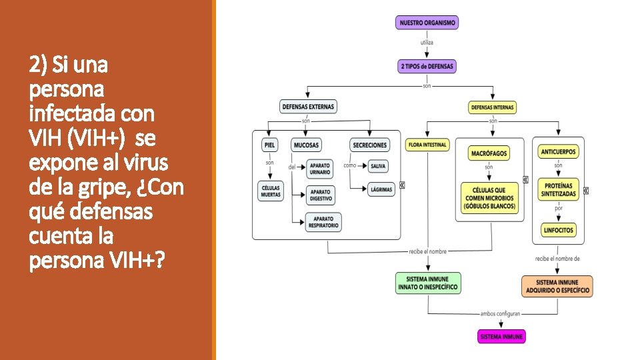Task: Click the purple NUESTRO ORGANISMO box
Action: [427, 23]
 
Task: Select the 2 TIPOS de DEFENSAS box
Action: [427, 66]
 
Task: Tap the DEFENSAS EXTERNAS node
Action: [309, 106]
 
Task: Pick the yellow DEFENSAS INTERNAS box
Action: [493, 107]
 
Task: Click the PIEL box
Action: [269, 145]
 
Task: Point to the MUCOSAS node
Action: [307, 145]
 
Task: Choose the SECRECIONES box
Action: [370, 145]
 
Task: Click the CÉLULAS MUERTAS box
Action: [270, 191]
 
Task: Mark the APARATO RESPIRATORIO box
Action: [323, 222]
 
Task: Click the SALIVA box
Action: [378, 166]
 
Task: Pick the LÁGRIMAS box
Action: [381, 189]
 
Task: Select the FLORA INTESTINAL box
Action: [427, 145]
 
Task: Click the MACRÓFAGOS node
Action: [489, 153]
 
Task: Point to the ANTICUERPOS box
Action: [559, 152]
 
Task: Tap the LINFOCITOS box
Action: [559, 231]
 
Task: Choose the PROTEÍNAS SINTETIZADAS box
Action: [559, 189]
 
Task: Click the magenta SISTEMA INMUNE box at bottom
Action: [502, 336]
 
